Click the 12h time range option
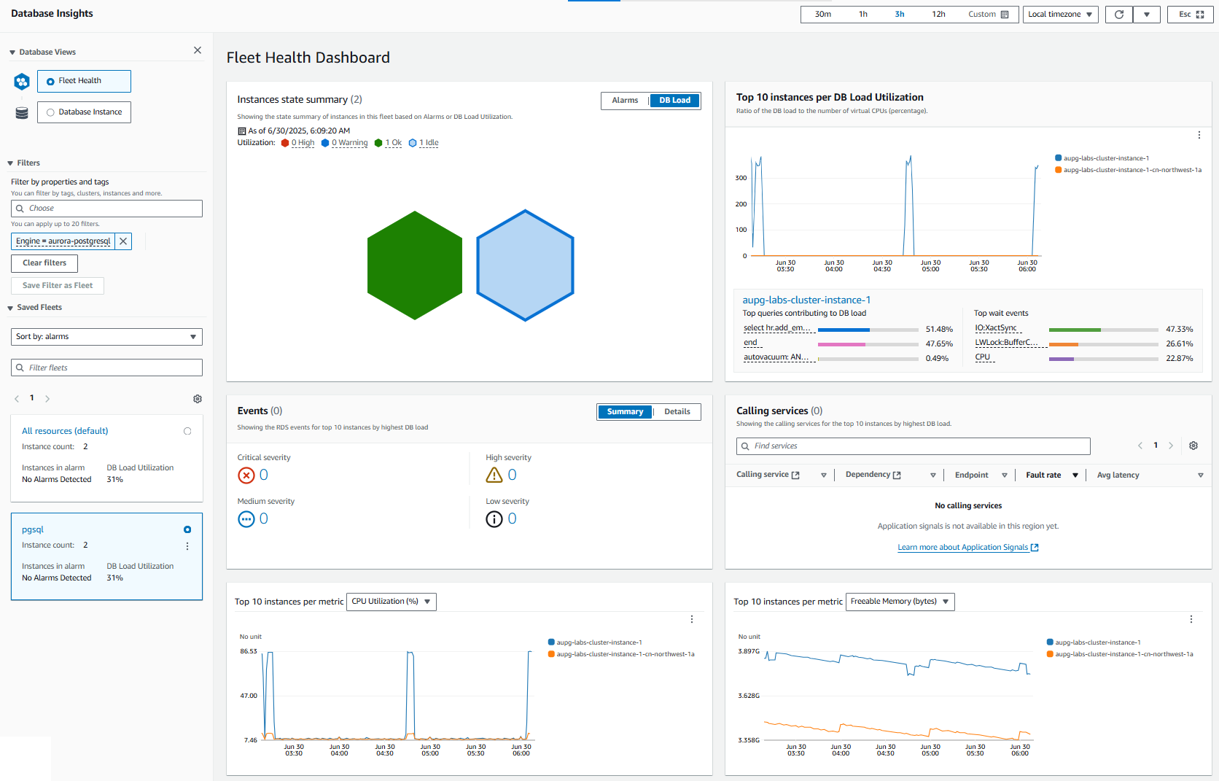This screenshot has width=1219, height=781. coord(938,15)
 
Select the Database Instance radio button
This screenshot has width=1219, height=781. coord(51,112)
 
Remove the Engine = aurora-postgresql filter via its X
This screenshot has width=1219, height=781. coord(123,241)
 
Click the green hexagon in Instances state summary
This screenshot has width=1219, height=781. coord(415,265)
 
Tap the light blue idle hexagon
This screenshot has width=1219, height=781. coord(525,265)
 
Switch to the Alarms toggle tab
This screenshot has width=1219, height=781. coord(625,101)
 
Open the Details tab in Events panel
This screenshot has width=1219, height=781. coord(677,412)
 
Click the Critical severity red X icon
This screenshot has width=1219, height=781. coord(246,475)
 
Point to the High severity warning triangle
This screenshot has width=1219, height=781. coord(494,475)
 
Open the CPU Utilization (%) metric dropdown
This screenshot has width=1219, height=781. coord(391,602)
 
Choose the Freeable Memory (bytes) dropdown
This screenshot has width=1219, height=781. coord(900,602)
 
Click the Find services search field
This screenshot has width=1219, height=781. coord(913,446)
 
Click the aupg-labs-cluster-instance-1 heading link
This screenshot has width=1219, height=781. coord(806,300)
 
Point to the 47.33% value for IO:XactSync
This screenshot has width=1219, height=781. coord(1179,330)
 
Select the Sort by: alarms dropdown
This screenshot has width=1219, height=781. coord(106,337)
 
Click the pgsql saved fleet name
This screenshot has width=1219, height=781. coord(33,530)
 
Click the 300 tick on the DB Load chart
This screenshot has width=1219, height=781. coord(741,178)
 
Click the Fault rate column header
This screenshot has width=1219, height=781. coord(1043,475)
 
